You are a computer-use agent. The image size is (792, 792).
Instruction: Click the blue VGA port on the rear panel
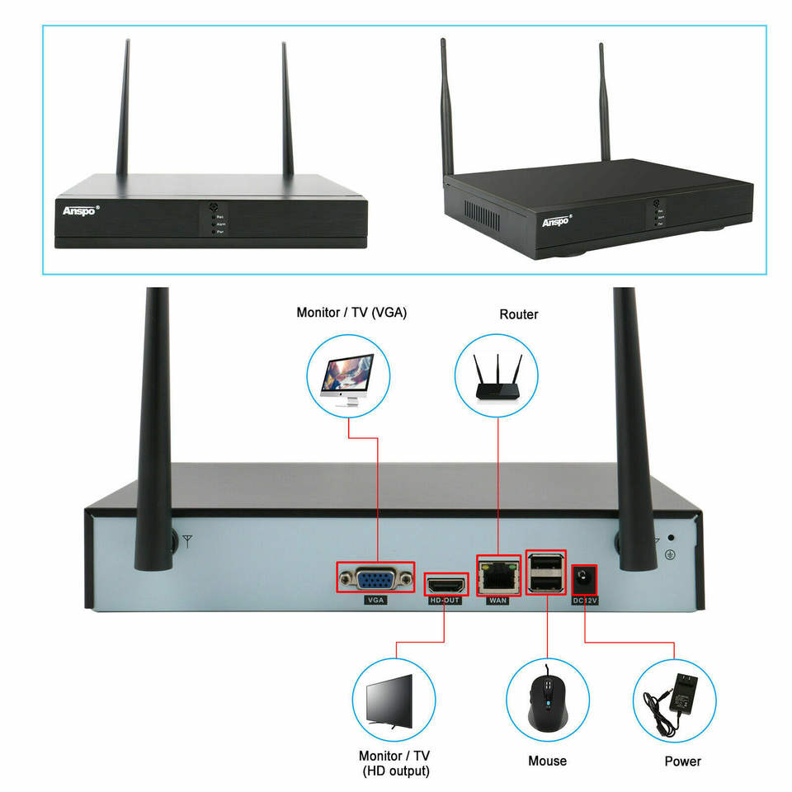click(375, 578)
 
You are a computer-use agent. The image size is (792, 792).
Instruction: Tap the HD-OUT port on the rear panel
click(445, 584)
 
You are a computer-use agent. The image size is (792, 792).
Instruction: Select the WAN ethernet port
click(498, 576)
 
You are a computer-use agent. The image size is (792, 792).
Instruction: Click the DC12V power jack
click(584, 577)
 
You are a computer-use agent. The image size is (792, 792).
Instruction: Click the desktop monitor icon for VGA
click(348, 375)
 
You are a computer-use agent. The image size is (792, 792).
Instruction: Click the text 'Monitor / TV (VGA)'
click(351, 313)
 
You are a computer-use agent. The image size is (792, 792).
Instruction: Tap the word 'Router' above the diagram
click(519, 314)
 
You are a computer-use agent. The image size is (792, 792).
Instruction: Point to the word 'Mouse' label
click(547, 761)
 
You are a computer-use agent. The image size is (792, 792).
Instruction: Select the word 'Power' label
click(682, 761)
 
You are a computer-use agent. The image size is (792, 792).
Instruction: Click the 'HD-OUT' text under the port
click(445, 601)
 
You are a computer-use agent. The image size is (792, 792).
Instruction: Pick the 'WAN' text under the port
click(498, 601)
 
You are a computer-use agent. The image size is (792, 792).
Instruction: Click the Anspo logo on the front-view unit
click(80, 210)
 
